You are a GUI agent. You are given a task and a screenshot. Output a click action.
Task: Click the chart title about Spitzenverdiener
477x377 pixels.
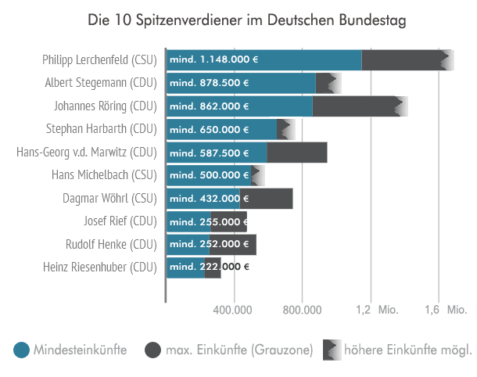tap(238, 19)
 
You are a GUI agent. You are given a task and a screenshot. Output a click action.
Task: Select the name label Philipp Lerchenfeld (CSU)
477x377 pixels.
tap(100, 59)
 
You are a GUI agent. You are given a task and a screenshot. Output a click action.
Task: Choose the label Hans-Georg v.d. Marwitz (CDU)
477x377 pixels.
tap(87, 152)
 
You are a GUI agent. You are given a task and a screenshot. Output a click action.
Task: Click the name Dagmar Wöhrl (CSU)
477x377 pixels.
tap(109, 198)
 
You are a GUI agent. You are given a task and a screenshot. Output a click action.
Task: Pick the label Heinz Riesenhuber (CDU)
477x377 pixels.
tap(100, 267)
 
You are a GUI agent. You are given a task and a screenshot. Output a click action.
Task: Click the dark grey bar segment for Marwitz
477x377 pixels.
tap(297, 153)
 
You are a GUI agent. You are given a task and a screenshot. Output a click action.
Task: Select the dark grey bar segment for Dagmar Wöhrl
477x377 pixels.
tap(267, 199)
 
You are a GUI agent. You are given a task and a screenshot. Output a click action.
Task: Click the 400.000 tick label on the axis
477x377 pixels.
tap(235, 311)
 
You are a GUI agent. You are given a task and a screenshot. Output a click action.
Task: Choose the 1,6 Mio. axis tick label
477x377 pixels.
tap(445, 311)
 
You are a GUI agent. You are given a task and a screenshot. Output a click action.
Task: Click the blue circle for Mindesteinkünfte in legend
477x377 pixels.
tap(22, 350)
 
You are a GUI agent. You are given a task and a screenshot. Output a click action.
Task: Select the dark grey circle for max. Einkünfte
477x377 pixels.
tap(152, 350)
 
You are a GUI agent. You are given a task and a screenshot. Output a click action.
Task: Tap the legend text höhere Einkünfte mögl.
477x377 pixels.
tap(407, 350)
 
